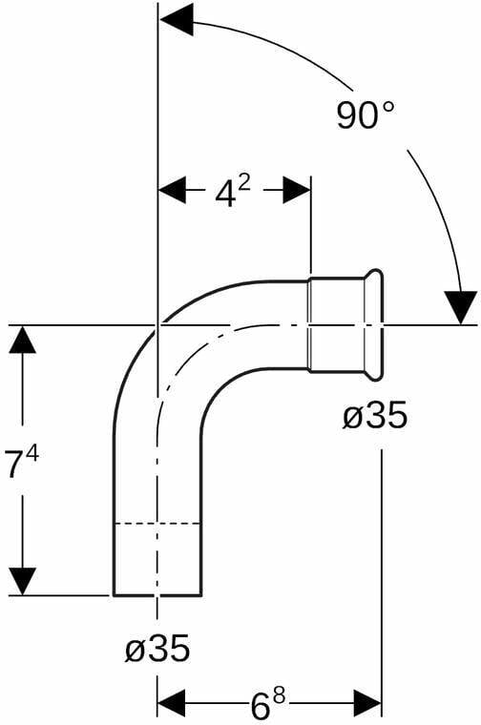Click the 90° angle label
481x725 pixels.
pyautogui.click(x=366, y=115)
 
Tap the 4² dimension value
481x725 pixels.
pyautogui.click(x=233, y=192)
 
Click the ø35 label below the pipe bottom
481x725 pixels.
pyautogui.click(x=157, y=648)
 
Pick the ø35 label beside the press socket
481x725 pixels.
pyautogui.click(x=375, y=414)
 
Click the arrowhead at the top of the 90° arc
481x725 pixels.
pyautogui.click(x=176, y=19)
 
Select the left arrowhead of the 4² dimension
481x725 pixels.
pyautogui.click(x=173, y=190)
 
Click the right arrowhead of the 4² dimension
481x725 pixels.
pyautogui.click(x=297, y=190)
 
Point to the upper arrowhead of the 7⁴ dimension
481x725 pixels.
pyautogui.click(x=23, y=340)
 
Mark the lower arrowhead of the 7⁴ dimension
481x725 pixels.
pyautogui.click(x=23, y=581)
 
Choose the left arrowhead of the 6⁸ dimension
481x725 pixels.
pyautogui.click(x=171, y=704)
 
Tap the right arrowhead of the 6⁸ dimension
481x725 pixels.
pyautogui.click(x=367, y=704)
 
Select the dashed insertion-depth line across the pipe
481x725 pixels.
pyautogui.click(x=157, y=524)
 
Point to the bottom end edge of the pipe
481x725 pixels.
pyautogui.click(x=157, y=595)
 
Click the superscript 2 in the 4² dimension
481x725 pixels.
pyautogui.click(x=244, y=184)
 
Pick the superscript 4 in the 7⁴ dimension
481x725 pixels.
pyautogui.click(x=32, y=455)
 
